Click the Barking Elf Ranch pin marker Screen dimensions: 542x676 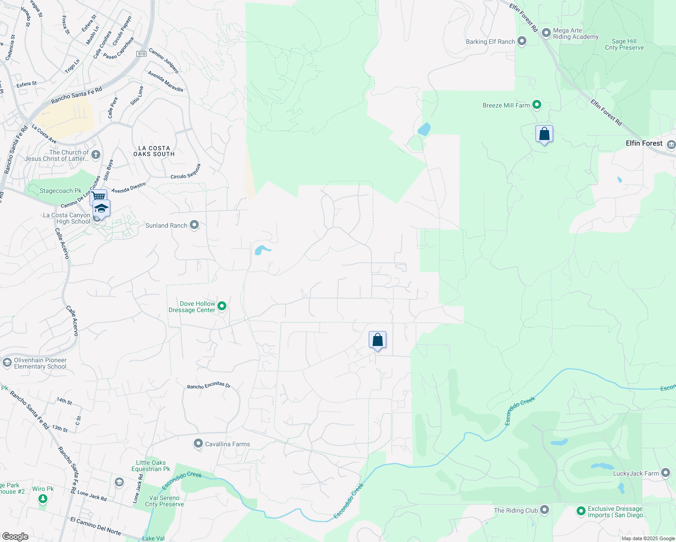[522, 41]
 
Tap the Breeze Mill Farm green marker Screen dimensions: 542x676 [537, 105]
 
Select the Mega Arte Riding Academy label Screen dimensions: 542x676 [576, 34]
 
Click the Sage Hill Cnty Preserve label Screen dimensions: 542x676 [624, 44]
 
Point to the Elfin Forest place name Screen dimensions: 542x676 [644, 143]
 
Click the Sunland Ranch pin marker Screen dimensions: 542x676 [194, 225]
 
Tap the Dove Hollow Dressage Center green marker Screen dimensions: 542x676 [222, 306]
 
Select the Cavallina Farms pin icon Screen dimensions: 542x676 [198, 444]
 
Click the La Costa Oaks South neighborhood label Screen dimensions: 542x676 [154, 151]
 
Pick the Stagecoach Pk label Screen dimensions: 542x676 [61, 191]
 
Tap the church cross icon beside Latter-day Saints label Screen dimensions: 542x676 [95, 155]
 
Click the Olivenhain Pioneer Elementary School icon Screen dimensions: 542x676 [7, 363]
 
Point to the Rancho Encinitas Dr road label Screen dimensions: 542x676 [209, 385]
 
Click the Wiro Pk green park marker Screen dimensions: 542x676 [42, 499]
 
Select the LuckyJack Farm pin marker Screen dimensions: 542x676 [666, 473]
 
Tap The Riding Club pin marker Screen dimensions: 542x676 [545, 510]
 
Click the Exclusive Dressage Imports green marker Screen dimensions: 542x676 [581, 511]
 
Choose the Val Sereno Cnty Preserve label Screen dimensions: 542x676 [164, 501]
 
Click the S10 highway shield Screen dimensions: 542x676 [142, 54]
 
